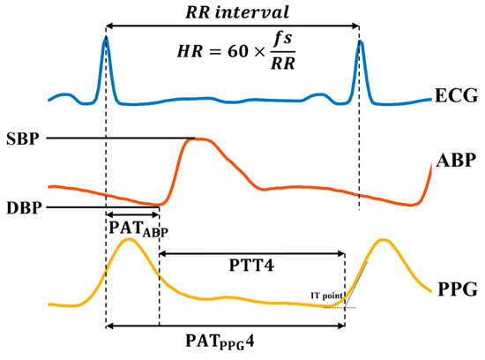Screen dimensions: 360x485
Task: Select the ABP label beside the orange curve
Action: (458, 161)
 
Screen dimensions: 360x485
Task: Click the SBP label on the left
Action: (25, 139)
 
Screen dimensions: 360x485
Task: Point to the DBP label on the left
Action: (25, 208)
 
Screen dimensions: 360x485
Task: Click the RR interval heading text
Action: (232, 13)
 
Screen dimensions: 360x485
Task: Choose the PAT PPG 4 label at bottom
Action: (225, 341)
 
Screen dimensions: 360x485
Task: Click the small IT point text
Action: (325, 295)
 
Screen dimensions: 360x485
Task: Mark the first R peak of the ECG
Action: (106, 38)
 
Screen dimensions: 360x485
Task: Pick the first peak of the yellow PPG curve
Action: (128, 240)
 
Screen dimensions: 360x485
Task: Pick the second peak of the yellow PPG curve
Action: (382, 240)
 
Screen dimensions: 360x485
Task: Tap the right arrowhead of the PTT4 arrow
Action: (341, 254)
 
